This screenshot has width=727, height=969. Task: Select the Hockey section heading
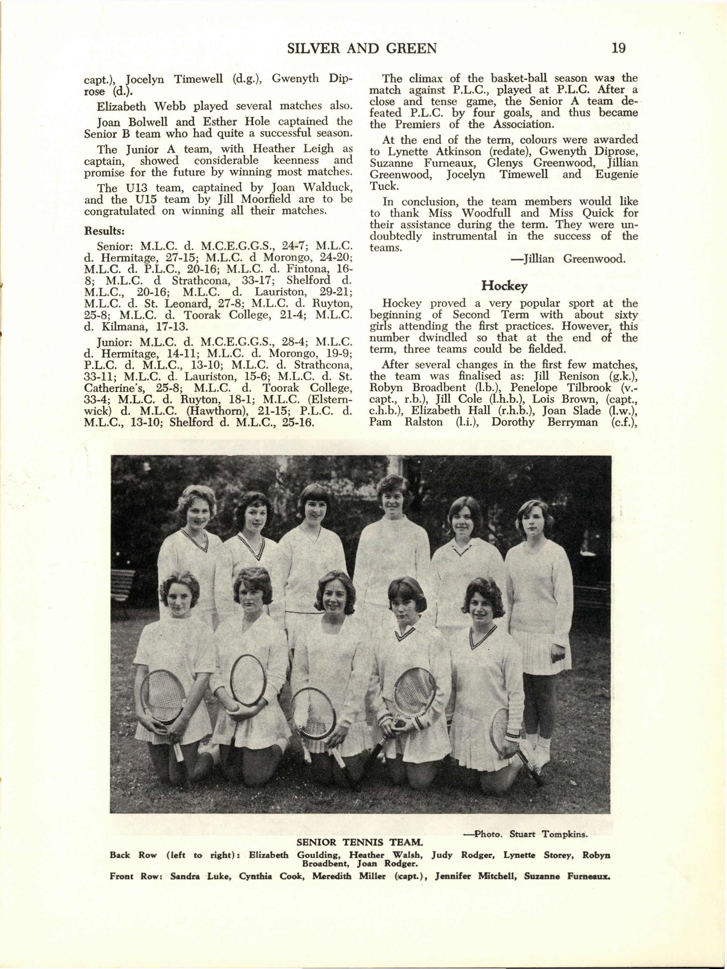tap(504, 286)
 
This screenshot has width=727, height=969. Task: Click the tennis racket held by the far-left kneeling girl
tap(163, 697)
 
